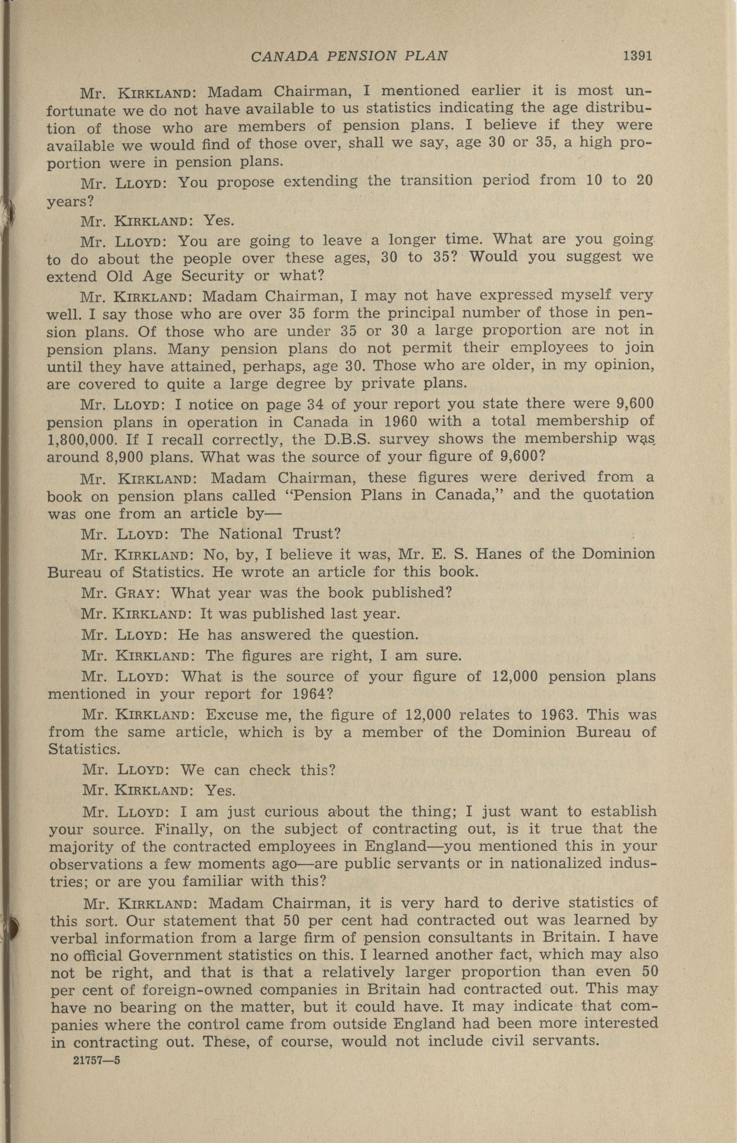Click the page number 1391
tap(637, 56)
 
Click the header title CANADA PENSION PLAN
tap(349, 57)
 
